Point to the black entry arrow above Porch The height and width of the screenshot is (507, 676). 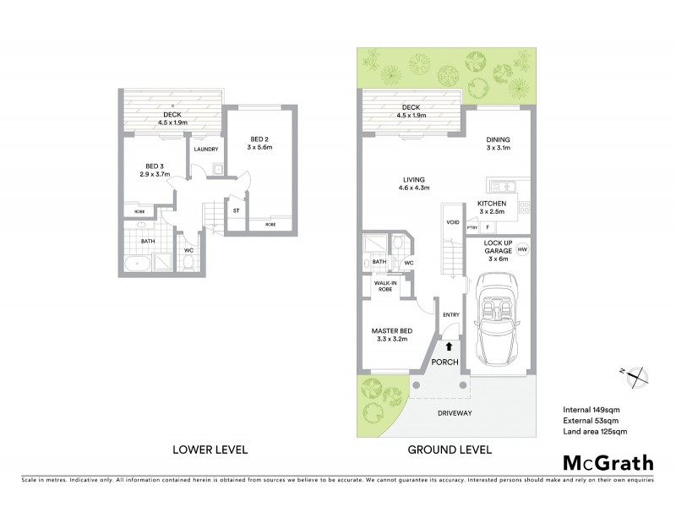pyautogui.click(x=449, y=345)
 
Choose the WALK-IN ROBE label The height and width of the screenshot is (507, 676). pyautogui.click(x=389, y=286)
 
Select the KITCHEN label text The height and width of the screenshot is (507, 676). pyautogui.click(x=492, y=204)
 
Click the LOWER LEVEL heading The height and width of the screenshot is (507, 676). pyautogui.click(x=210, y=450)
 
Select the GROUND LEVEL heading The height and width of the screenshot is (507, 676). pyautogui.click(x=450, y=450)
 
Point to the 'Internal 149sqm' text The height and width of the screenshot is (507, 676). pyautogui.click(x=591, y=410)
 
